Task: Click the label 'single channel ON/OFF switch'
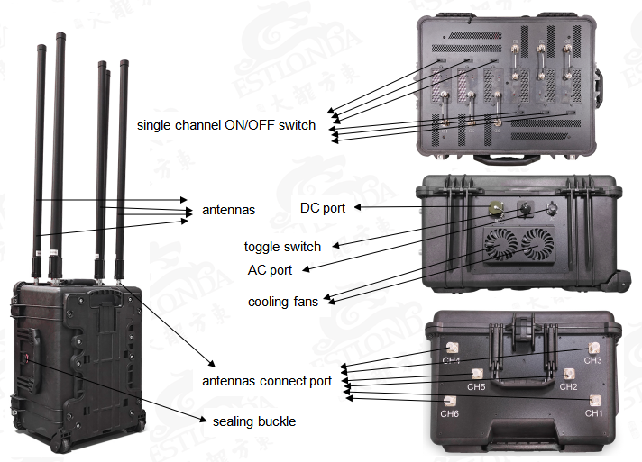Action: tap(226, 125)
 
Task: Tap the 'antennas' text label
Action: tap(229, 210)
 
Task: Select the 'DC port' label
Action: tap(323, 208)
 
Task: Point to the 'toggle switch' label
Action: tap(282, 246)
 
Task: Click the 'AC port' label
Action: tap(270, 269)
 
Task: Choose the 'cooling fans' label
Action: tap(283, 302)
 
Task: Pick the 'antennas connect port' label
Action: tap(267, 381)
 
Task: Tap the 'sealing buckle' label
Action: tap(253, 421)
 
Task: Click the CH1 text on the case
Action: tap(593, 412)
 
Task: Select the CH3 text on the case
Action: tap(592, 360)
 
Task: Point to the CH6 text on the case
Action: tap(449, 413)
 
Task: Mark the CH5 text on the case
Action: tap(476, 387)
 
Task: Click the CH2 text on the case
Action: tap(568, 386)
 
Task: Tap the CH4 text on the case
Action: tap(452, 361)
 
